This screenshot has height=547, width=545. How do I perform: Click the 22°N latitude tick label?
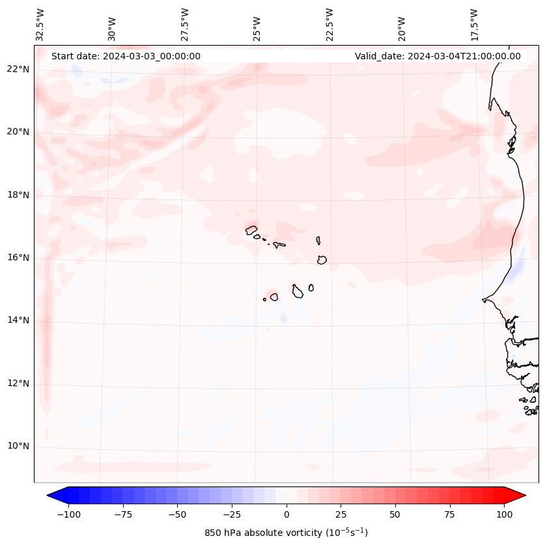coord(18,70)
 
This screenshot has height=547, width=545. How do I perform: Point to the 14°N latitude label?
coord(18,320)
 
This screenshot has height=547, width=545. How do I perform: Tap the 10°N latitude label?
coord(18,447)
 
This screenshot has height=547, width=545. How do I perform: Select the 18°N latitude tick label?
coord(18,195)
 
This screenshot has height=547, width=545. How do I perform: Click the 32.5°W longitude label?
coord(40,25)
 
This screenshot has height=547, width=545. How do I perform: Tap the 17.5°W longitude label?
coord(474,25)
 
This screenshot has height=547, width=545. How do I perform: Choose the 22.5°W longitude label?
coord(329,25)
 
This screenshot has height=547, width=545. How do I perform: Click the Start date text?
coord(126,56)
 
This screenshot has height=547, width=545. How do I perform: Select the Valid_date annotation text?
coord(438,56)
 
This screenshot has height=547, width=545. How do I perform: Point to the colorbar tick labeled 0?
coord(286,514)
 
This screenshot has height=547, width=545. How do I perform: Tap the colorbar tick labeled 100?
coord(504,514)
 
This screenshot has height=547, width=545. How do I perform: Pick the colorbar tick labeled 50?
coord(395,514)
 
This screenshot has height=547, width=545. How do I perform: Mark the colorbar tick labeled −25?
coord(232,514)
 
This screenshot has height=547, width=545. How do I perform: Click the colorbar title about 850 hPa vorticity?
coord(286,533)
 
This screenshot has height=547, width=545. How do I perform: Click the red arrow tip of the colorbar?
coord(519,495)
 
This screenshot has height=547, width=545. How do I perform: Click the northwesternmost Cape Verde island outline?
coord(251,229)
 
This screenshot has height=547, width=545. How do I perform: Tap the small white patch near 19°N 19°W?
coord(420,172)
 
